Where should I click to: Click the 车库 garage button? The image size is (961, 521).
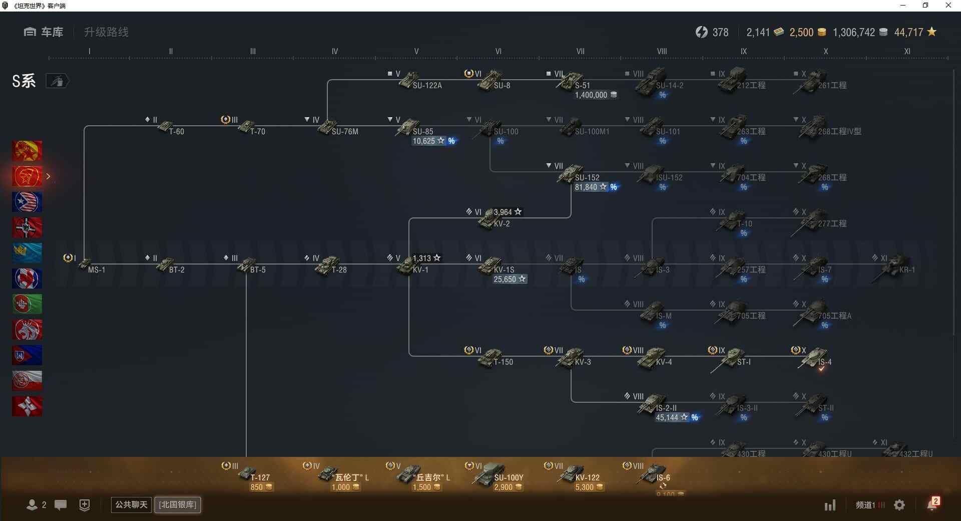(x=44, y=32)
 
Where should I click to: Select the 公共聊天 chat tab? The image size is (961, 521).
(x=131, y=504)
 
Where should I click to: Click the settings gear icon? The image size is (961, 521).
(x=899, y=505)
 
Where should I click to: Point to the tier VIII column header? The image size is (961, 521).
(x=662, y=51)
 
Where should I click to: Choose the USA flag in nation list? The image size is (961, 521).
(x=27, y=202)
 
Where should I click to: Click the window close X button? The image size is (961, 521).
(x=948, y=6)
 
